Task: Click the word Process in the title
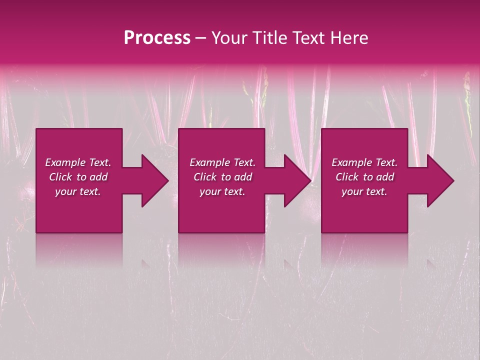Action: [x=157, y=38]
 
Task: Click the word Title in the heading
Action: [x=269, y=38]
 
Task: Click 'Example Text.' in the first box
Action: [x=78, y=162]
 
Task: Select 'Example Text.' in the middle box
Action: [x=222, y=162]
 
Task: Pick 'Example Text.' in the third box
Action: [x=364, y=162]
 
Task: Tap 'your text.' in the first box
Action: [x=78, y=191]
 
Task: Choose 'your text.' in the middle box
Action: [x=222, y=191]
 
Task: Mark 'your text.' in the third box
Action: [x=364, y=191]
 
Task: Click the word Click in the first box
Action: [x=61, y=177]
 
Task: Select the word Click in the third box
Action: [x=347, y=177]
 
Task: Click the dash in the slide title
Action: [x=201, y=38]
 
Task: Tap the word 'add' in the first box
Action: [x=99, y=177]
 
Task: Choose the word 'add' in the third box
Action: [x=385, y=177]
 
